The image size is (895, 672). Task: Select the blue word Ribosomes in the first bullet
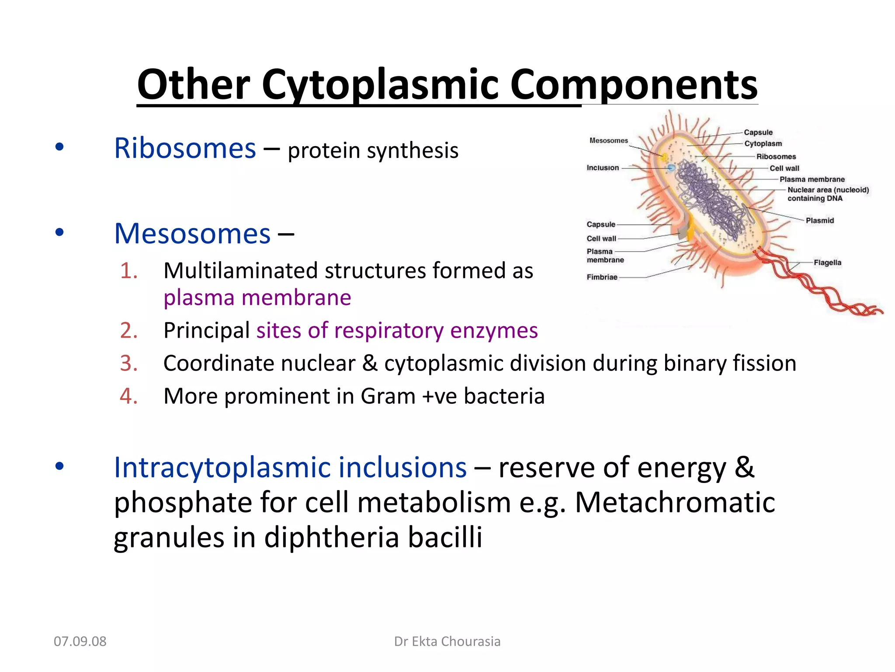pos(185,148)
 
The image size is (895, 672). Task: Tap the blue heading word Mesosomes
pos(192,234)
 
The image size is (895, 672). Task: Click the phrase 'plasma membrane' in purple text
pos(257,298)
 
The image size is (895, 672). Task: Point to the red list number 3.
pos(128,364)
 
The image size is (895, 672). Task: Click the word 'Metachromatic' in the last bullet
pos(675,502)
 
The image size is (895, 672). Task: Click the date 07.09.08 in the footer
pos(80,641)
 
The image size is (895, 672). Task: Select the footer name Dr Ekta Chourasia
pos(447,641)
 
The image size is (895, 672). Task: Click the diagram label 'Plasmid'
pos(819,220)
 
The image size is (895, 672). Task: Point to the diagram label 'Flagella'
pos(827,262)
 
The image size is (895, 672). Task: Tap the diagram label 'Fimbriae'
pos(602,277)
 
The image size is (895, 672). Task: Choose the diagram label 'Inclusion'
pos(602,168)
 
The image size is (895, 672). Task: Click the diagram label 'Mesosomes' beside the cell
pos(608,140)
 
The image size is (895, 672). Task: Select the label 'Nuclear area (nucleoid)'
pos(828,190)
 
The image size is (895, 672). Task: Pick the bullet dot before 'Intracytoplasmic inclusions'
pos(59,466)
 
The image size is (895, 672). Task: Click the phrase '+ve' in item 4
pos(439,396)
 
